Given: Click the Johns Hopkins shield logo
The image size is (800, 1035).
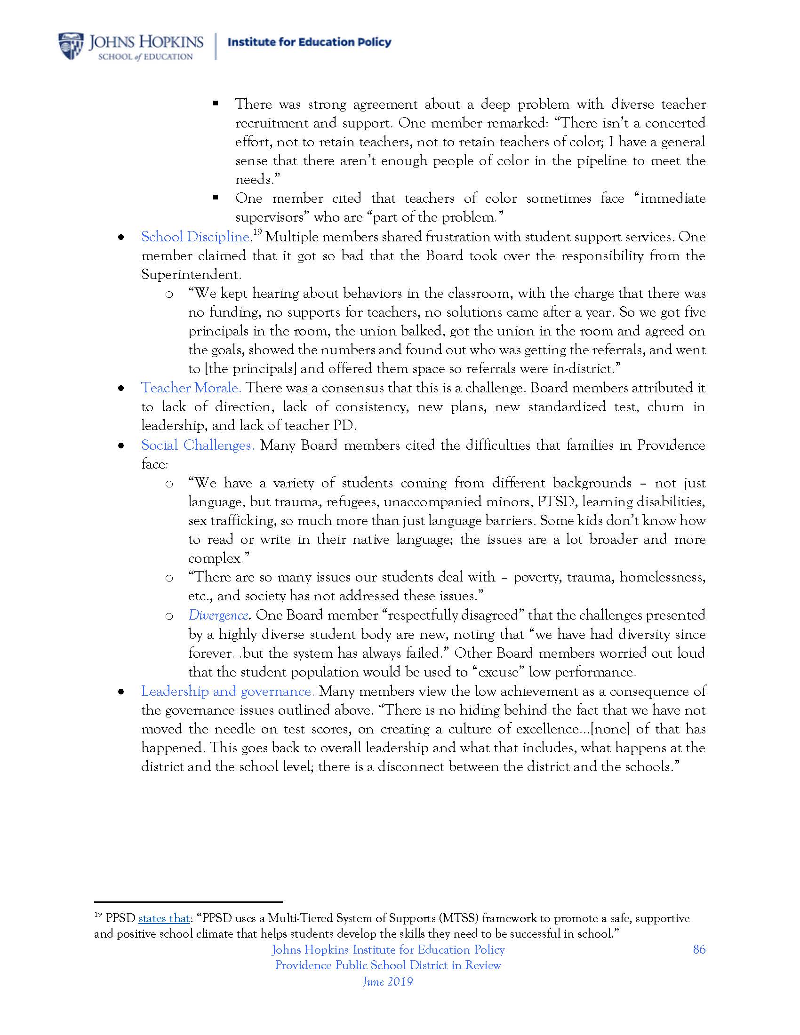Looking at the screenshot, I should (x=71, y=46).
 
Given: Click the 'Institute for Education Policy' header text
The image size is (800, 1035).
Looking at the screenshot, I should (x=310, y=42).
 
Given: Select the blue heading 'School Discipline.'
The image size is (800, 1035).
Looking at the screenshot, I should (x=196, y=237).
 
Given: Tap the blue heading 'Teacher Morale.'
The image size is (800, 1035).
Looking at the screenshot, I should (x=191, y=388).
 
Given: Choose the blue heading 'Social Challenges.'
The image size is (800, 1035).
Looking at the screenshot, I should (x=198, y=445).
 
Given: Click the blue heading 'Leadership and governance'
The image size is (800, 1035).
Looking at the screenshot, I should (x=226, y=691).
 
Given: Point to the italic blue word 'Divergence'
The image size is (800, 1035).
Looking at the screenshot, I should (x=218, y=615).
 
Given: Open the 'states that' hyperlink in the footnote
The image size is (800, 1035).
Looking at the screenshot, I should (x=164, y=918).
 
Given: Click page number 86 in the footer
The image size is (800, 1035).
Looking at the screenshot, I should (x=699, y=949).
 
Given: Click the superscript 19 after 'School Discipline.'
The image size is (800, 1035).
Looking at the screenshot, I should (x=257, y=232).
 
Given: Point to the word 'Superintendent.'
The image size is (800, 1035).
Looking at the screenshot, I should (x=192, y=274).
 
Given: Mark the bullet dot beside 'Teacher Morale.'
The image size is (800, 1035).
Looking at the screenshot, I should (x=121, y=389).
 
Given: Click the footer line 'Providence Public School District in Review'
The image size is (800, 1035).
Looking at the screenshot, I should (x=388, y=965).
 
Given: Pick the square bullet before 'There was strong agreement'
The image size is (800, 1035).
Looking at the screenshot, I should (x=216, y=103).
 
